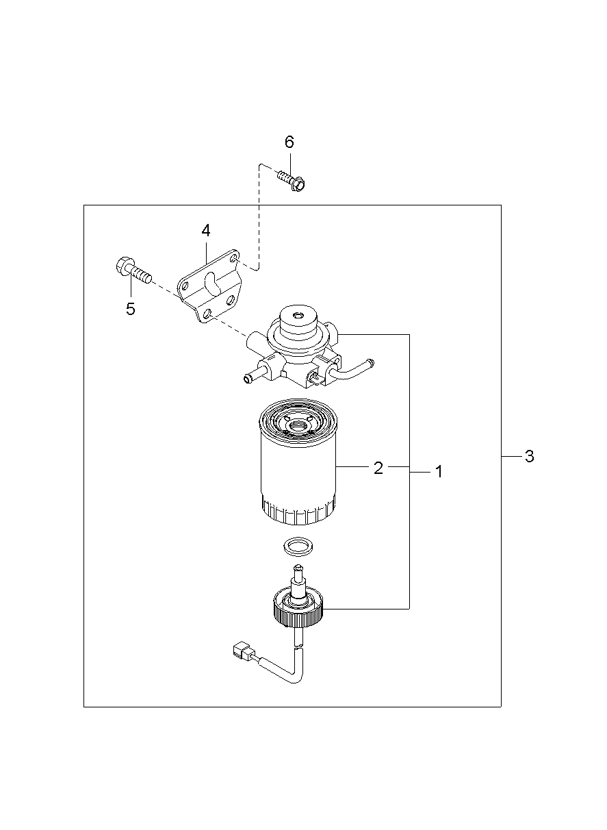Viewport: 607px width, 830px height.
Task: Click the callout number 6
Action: [x=289, y=142]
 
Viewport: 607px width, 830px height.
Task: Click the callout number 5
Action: [x=130, y=309]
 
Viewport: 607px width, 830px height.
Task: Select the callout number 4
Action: [x=205, y=230]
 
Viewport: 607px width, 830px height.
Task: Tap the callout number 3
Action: [x=529, y=457]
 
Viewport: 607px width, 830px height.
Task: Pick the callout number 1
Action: [x=439, y=472]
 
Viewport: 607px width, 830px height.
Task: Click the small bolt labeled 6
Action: [x=292, y=181]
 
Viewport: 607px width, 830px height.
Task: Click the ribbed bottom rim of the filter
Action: [x=298, y=512]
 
